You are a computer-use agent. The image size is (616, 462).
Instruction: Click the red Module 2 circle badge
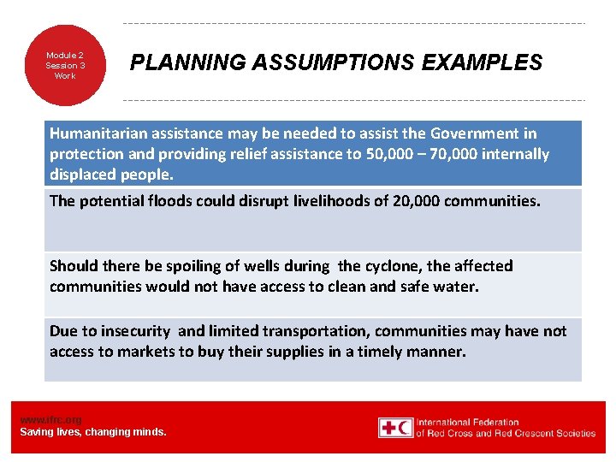click(x=65, y=65)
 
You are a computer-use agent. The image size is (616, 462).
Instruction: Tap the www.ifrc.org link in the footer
click(x=50, y=419)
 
